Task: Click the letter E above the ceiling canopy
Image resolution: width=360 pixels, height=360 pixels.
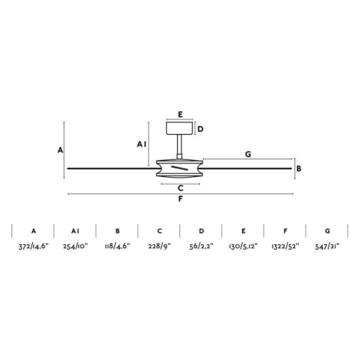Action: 180,114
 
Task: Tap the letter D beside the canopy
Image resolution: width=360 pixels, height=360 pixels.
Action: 201,129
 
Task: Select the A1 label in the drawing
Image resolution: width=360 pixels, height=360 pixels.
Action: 142,144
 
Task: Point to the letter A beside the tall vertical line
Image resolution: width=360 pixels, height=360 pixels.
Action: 60,150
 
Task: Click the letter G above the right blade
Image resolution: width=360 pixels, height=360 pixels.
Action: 248,154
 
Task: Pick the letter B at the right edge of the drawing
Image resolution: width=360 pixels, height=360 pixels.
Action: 299,169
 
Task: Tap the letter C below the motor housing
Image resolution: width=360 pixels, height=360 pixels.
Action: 181,188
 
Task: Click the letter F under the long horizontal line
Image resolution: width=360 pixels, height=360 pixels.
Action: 180,198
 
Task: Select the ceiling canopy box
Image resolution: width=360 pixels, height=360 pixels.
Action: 179,128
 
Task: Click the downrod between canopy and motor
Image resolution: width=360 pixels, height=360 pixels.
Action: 179,147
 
